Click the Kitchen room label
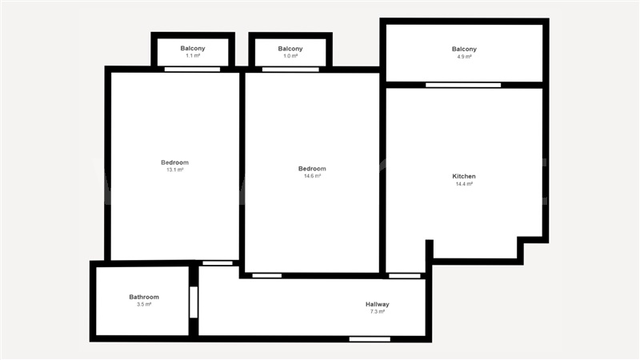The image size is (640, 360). [x=464, y=176]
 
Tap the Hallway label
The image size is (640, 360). [x=377, y=304]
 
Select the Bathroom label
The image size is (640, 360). [x=144, y=297]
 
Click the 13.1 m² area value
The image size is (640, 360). [x=174, y=170]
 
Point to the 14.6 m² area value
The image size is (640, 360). [x=312, y=176]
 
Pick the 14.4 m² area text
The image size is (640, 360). [x=464, y=184]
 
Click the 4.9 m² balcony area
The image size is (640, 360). [x=464, y=57]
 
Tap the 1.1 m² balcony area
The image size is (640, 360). [x=193, y=55]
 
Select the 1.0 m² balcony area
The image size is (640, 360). [x=290, y=56]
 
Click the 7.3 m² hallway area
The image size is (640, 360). [x=378, y=311]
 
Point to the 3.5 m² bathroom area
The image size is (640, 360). [x=144, y=304]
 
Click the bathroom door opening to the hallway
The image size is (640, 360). [x=194, y=302]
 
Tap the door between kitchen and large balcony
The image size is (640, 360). [x=463, y=85]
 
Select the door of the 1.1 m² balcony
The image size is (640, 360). [x=192, y=70]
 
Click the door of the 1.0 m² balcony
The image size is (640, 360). [x=290, y=70]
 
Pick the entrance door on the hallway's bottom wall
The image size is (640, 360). [x=370, y=339]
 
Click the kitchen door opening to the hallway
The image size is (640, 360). [x=405, y=276]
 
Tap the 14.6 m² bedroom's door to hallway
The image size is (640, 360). [x=267, y=276]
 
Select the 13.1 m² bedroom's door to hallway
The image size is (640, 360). [x=218, y=263]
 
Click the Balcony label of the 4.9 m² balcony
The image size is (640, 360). [x=464, y=49]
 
